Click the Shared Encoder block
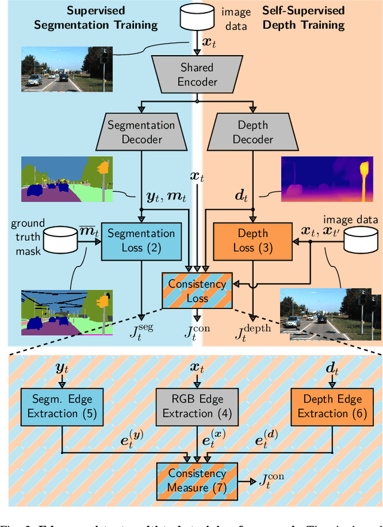point(197,75)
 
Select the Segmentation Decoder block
point(141,132)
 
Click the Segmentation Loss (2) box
point(141,240)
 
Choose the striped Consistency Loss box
point(197,290)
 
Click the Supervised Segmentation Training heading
point(96,18)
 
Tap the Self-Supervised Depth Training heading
point(303,18)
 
